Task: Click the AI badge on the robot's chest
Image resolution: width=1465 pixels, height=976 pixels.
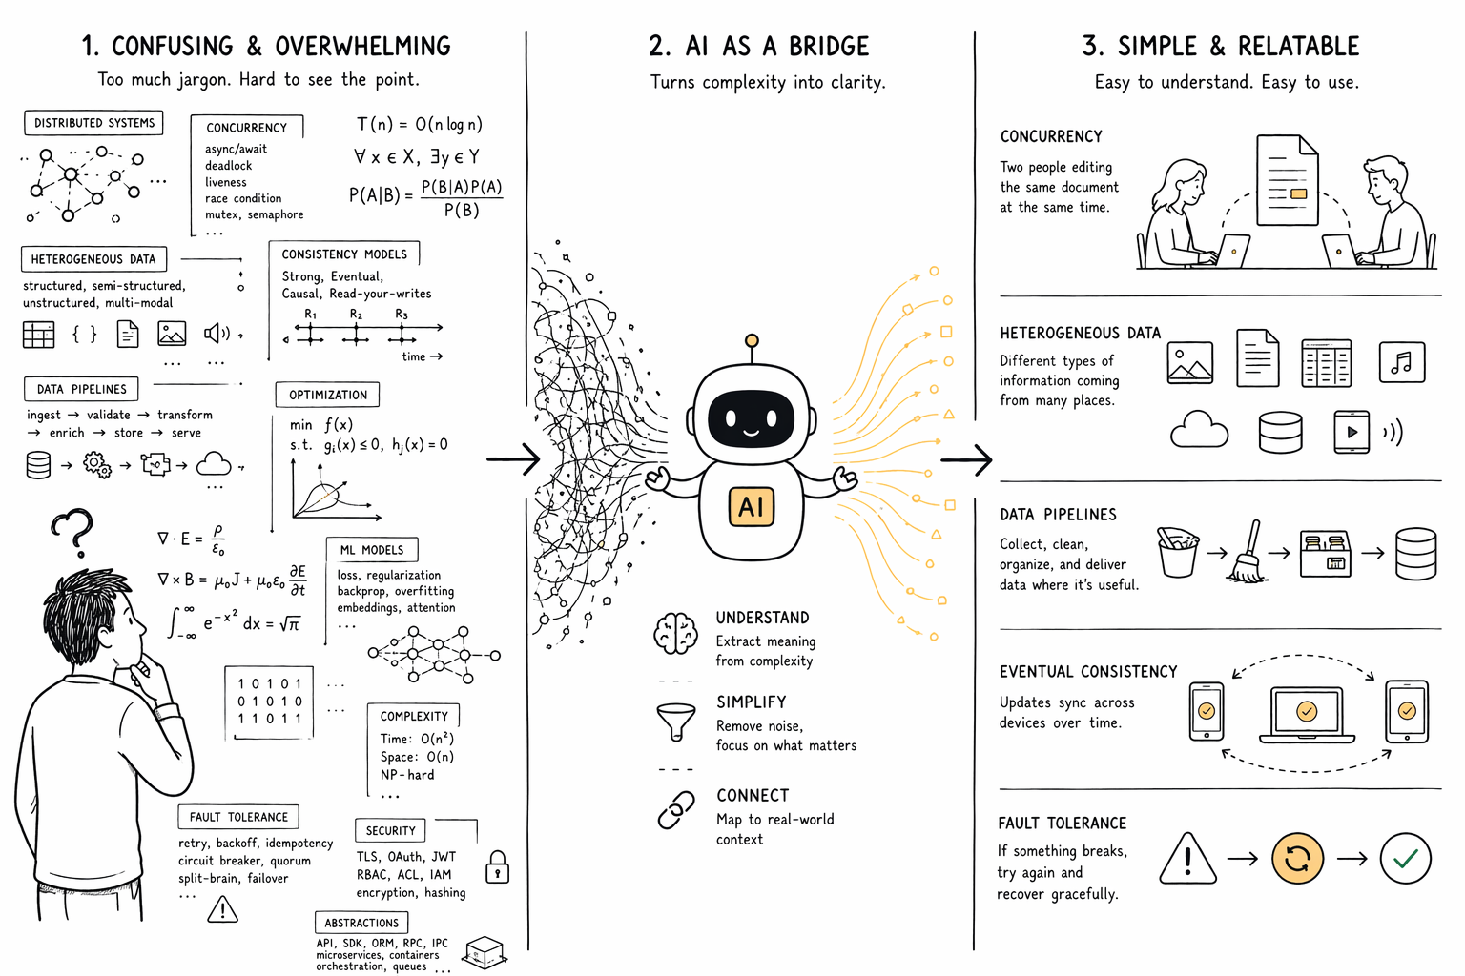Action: point(752,507)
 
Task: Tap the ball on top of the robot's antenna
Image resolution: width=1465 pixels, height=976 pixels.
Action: point(752,341)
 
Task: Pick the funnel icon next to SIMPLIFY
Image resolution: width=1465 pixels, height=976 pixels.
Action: point(675,721)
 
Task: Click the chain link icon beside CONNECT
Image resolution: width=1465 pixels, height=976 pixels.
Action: point(675,810)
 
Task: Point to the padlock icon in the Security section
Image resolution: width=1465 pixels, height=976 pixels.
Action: point(497,867)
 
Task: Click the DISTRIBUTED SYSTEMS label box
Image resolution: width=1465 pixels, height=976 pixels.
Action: point(93,123)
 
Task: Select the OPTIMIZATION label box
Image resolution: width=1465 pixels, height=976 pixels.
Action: point(327,395)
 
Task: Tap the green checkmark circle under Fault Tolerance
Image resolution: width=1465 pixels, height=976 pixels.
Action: point(1405,859)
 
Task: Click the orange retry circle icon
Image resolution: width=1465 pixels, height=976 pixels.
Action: point(1297,859)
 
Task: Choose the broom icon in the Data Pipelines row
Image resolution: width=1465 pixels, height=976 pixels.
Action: point(1248,553)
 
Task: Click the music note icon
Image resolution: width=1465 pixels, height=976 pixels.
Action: point(1401,362)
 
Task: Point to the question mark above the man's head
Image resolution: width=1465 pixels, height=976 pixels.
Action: point(74,532)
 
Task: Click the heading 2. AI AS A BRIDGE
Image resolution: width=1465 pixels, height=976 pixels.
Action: point(758,46)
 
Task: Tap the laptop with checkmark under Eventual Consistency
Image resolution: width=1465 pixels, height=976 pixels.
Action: point(1307,713)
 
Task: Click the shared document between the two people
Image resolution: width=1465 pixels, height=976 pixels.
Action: point(1287,181)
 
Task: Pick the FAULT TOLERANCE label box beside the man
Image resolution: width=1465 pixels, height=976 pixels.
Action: point(238,817)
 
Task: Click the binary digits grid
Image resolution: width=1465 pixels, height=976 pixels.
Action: point(270,701)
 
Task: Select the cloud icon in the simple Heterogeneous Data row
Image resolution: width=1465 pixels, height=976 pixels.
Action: point(1199,430)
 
